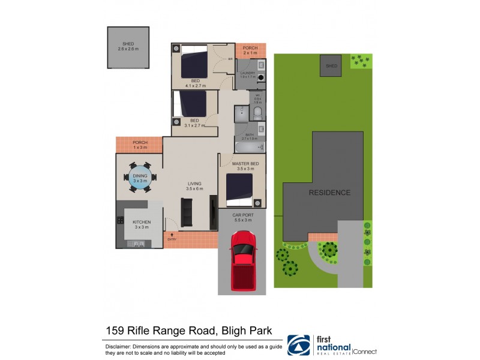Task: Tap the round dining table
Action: point(140,178)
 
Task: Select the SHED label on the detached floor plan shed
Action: point(128,44)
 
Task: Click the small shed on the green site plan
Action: point(331,66)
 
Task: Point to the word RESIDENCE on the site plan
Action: point(329,193)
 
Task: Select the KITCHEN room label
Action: point(142,223)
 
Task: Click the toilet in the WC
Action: point(258,112)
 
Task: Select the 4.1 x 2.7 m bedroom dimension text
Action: point(196,85)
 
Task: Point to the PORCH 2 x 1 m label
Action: point(250,50)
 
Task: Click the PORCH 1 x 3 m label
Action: point(140,145)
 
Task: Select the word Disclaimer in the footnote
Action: point(120,346)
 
